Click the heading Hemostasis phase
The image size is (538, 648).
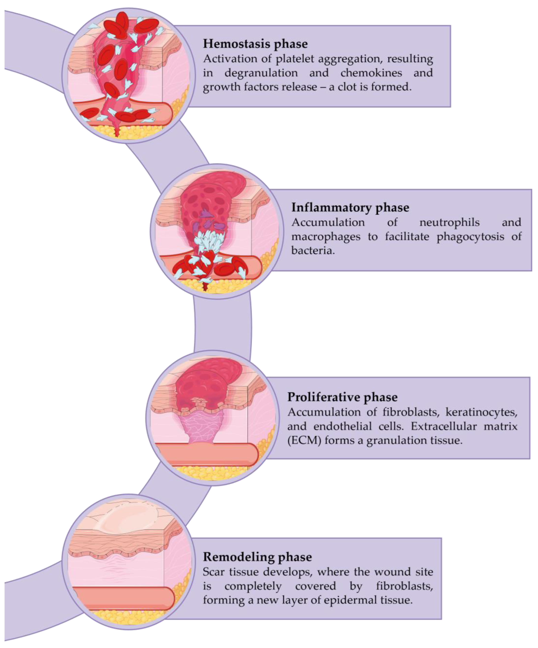click(x=255, y=44)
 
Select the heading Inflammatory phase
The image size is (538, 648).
click(x=350, y=207)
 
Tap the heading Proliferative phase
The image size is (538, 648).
click(x=342, y=397)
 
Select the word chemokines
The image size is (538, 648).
click(x=371, y=73)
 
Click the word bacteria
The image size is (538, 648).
click(x=313, y=251)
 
